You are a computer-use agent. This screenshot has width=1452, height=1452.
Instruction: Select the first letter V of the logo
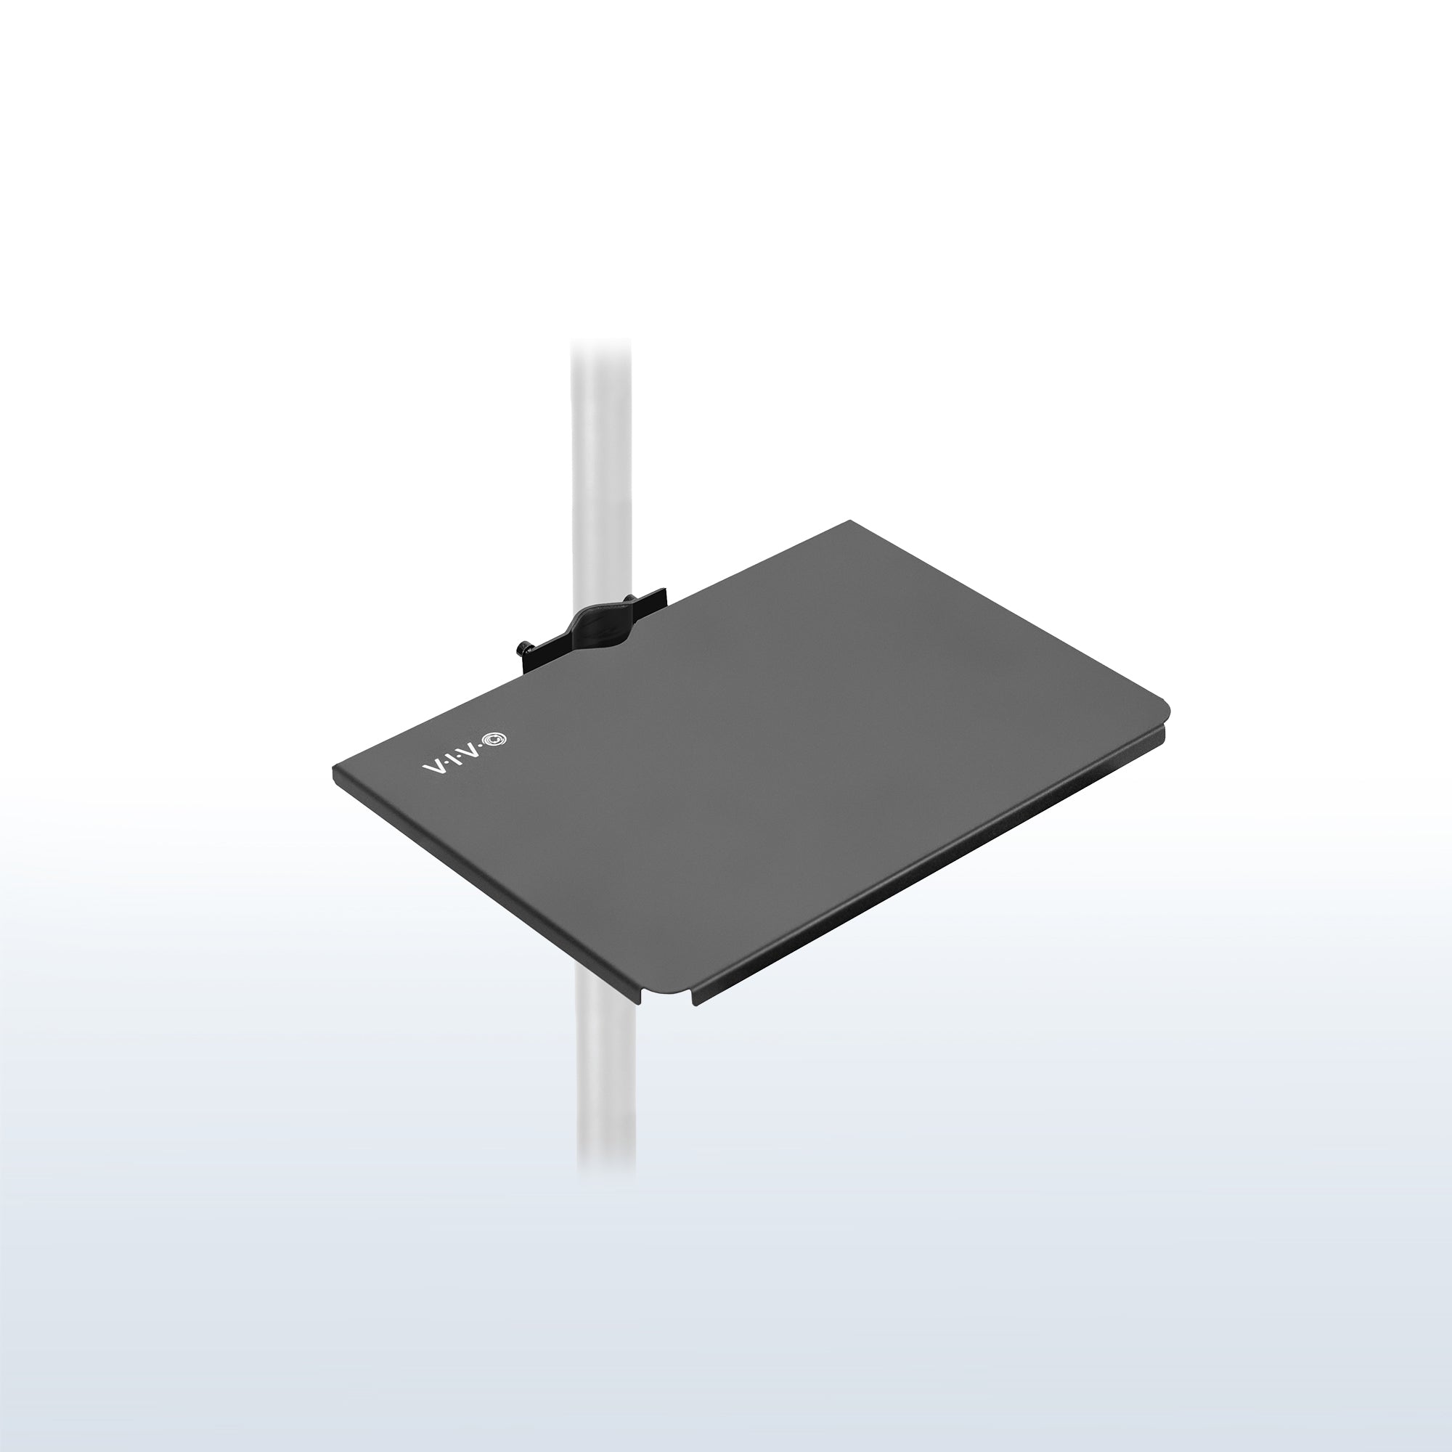click(x=433, y=765)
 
